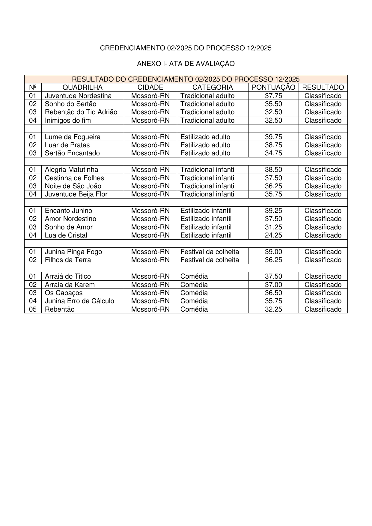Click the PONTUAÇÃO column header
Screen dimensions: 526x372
pos(273,87)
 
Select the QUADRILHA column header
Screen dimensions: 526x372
pos(82,87)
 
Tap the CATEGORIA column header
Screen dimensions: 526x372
pos(213,87)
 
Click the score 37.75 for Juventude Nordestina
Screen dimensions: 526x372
pos(273,96)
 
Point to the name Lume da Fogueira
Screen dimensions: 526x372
pos(73,137)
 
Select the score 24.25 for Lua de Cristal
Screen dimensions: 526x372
pos(273,235)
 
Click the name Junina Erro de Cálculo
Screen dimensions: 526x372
pos(79,301)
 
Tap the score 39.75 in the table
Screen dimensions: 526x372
pos(273,137)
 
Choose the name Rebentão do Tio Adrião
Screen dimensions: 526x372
pos(81,112)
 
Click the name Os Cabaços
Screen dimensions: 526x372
pos(64,293)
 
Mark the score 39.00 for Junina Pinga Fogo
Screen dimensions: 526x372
pos(273,252)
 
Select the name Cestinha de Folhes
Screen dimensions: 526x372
pos(74,178)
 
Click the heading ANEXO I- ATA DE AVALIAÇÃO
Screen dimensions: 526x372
pos(186,64)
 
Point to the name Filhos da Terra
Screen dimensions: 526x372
pos(68,260)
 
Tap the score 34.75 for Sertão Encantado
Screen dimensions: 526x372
pos(273,153)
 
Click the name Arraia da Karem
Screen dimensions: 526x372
pos(70,285)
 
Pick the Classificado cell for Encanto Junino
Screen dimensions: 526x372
pos(323,211)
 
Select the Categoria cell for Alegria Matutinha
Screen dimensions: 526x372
pos(208,169)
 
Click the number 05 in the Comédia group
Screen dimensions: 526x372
pos(33,309)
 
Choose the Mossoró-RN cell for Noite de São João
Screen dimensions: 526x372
pos(150,186)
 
